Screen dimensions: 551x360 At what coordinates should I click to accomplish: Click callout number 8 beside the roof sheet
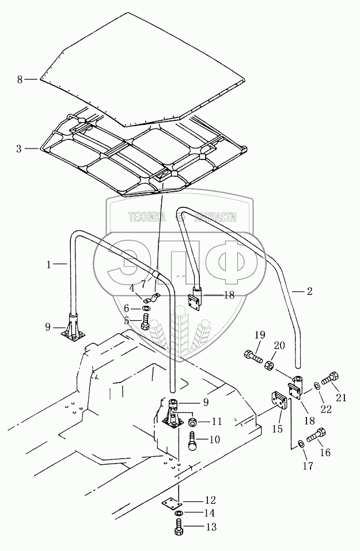20,79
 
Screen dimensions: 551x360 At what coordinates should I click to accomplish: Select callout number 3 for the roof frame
19,149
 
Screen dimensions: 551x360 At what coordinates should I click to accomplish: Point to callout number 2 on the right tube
309,292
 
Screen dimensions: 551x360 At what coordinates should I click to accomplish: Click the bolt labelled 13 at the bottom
179,526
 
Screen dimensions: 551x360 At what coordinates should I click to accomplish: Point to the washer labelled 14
179,512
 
